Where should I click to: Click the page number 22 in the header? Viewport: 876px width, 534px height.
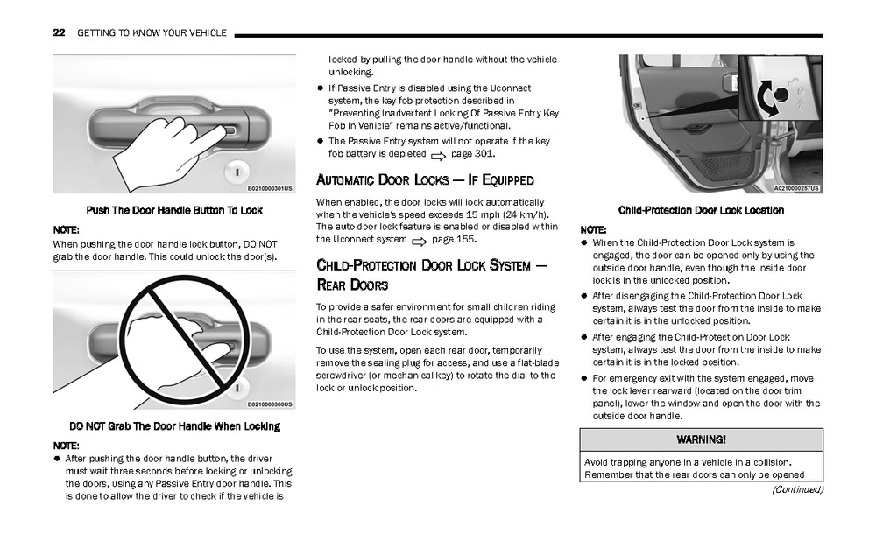[x=59, y=33]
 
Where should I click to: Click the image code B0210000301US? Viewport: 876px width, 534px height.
[x=270, y=187]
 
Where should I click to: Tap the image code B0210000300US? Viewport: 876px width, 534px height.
[x=270, y=404]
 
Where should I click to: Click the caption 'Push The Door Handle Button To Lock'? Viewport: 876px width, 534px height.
[x=173, y=210]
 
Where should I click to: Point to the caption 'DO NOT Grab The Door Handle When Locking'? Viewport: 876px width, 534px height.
[x=174, y=426]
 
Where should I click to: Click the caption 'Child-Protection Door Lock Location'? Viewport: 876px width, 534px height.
[x=701, y=210]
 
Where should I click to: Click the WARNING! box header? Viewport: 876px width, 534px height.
[x=701, y=439]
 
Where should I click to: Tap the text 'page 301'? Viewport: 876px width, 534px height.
[x=472, y=154]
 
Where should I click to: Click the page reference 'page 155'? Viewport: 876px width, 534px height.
[x=454, y=239]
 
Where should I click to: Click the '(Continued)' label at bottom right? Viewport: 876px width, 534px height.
[x=797, y=489]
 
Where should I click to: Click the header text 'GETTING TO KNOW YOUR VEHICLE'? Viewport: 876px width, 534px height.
[x=152, y=33]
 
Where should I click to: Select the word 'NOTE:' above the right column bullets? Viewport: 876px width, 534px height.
[x=593, y=229]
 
